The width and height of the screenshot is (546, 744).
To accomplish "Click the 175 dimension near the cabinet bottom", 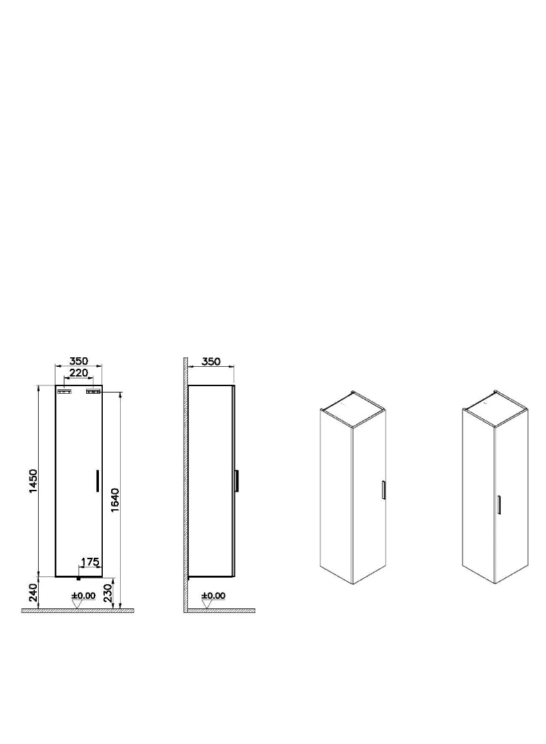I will click(x=90, y=562).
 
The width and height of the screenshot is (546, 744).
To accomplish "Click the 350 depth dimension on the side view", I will click(x=211, y=361).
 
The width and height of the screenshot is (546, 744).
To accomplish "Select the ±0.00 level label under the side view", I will click(x=213, y=595).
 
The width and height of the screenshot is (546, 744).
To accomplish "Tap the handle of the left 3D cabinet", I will click(x=382, y=490).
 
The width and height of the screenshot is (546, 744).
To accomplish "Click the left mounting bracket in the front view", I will click(x=64, y=391).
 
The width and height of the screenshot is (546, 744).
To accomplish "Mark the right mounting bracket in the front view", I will click(x=94, y=391).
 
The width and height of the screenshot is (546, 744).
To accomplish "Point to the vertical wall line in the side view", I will click(x=186, y=481).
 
